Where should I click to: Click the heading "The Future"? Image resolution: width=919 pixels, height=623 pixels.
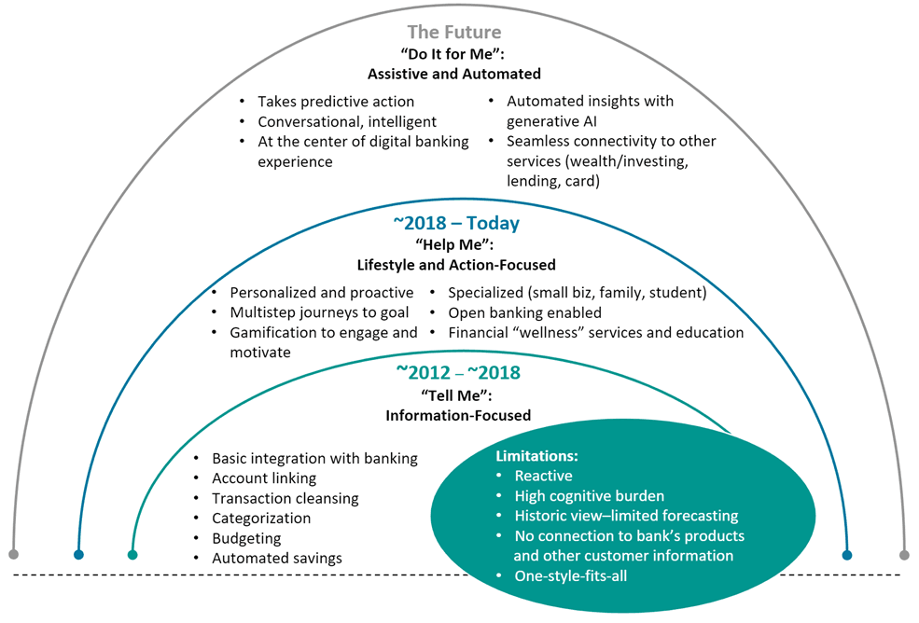(453, 34)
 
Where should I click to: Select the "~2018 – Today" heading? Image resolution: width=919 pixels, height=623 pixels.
(456, 224)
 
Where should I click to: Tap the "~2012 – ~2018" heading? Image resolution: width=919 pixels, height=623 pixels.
(458, 372)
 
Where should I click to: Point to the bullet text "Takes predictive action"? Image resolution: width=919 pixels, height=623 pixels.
(336, 101)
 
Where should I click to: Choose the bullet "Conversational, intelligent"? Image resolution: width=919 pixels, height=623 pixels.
(347, 121)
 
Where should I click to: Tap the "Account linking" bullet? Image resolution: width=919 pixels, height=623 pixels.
(264, 478)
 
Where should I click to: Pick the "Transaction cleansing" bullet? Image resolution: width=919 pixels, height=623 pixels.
(285, 498)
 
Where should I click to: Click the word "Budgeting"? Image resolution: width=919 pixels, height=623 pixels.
(246, 538)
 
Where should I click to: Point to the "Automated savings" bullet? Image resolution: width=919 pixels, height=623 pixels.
(277, 559)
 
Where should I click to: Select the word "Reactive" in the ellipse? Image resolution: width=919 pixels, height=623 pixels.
(543, 476)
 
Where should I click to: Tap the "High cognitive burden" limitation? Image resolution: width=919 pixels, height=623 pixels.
(590, 496)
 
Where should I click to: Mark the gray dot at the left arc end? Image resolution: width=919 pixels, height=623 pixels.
(13, 554)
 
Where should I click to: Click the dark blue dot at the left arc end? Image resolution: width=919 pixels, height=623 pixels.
(79, 554)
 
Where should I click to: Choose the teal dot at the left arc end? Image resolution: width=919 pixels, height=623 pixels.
(132, 555)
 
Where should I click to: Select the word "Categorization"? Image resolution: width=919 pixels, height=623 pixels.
(261, 519)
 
